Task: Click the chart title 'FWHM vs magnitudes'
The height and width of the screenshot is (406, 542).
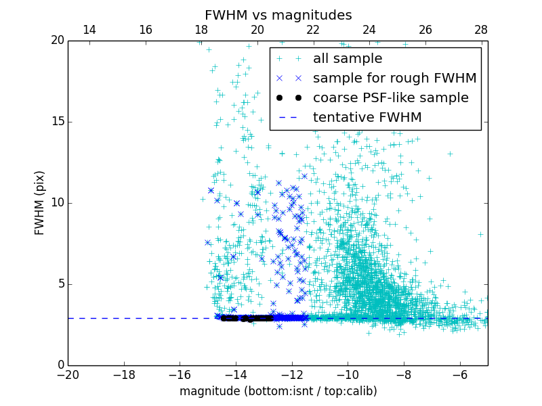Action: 278,15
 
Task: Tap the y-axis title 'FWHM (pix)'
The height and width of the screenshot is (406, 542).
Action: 40,203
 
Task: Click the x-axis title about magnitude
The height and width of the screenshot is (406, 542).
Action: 278,391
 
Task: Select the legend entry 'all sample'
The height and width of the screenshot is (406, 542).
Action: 347,59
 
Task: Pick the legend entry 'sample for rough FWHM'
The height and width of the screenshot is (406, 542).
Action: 394,78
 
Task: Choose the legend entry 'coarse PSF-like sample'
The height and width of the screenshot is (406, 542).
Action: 390,98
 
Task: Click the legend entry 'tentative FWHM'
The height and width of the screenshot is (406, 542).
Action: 367,118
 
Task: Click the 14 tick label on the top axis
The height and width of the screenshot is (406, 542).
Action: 89,30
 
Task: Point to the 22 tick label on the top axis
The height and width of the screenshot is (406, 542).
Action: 313,30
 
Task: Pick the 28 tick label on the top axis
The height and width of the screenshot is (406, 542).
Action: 481,30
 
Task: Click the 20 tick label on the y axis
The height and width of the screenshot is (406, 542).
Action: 56,41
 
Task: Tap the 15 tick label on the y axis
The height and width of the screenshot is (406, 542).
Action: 56,122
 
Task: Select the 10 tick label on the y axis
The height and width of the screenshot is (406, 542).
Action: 56,203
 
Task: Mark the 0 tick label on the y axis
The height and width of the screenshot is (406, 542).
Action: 60,365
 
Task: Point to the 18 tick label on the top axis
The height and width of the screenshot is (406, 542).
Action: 201,30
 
